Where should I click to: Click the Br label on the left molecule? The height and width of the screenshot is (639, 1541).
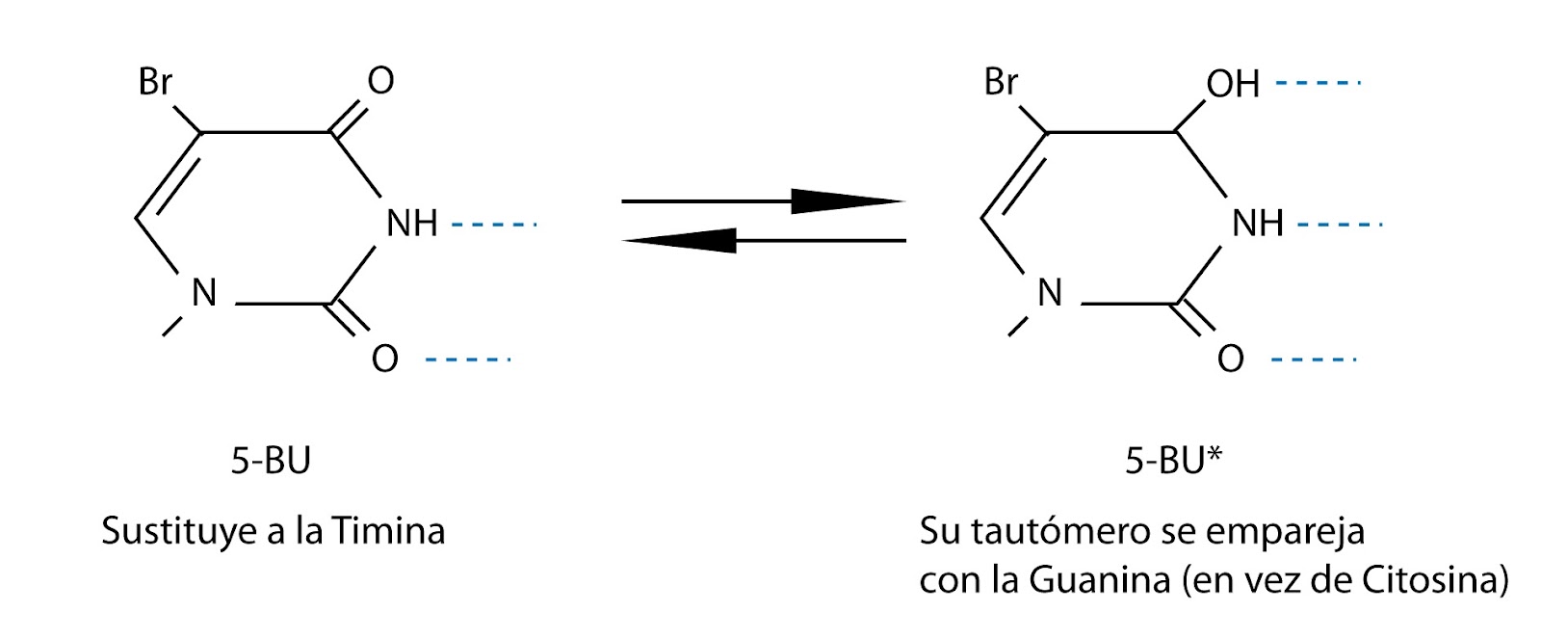[x=155, y=82]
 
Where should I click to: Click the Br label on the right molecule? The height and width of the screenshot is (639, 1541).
[x=1001, y=82]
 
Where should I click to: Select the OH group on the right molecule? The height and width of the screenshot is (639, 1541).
[x=1233, y=84]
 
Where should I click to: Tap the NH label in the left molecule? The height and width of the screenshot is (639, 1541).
[x=412, y=224]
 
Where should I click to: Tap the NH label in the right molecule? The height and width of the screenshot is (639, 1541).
[x=1258, y=224]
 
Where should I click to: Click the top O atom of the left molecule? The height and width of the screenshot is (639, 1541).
[x=380, y=81]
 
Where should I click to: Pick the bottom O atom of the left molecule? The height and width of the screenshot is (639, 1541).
[x=384, y=359]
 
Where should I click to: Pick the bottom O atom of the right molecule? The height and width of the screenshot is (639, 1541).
[x=1230, y=359]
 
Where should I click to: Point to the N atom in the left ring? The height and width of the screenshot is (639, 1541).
[x=203, y=293]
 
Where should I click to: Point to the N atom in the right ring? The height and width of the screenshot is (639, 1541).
[x=1049, y=293]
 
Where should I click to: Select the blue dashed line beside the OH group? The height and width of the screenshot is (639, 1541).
[x=1317, y=84]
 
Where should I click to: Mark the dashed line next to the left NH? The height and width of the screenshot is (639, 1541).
[x=493, y=226]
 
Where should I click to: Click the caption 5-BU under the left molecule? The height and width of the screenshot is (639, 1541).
[x=271, y=462]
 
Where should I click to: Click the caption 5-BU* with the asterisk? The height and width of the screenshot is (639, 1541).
[x=1172, y=462]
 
